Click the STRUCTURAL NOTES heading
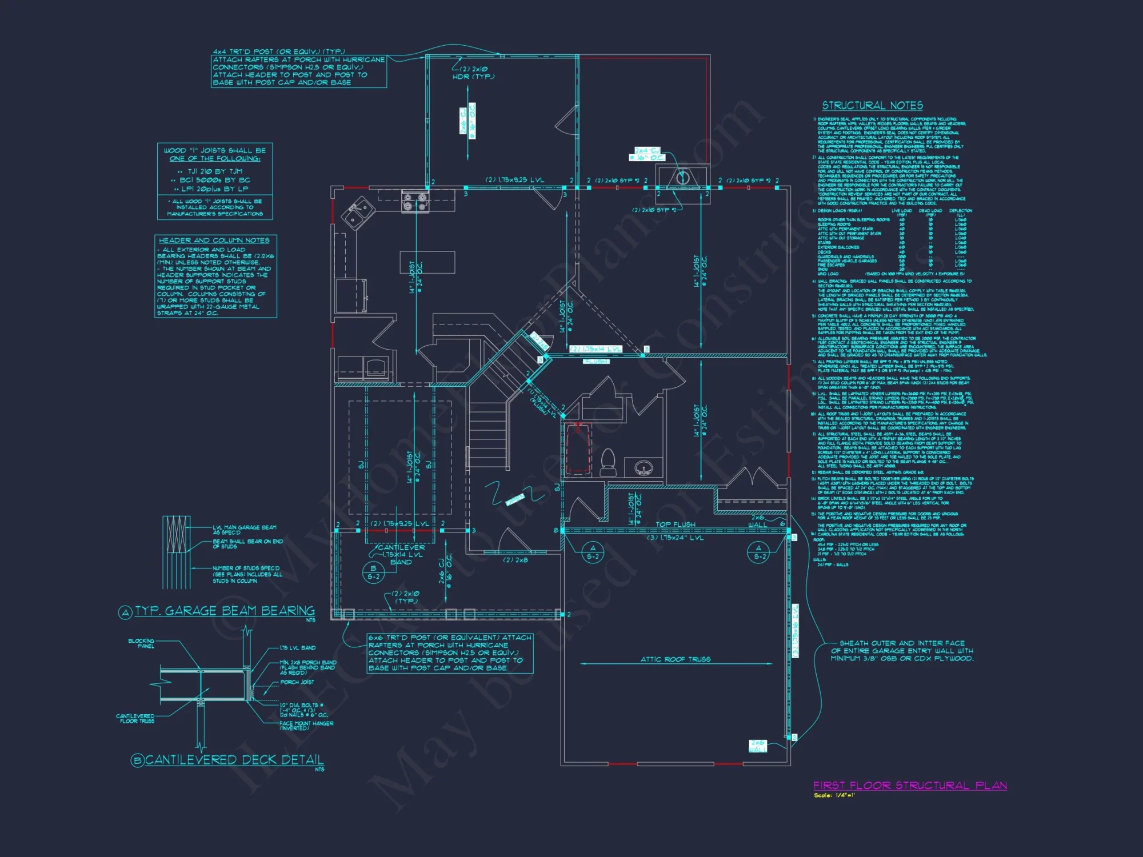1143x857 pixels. (872, 106)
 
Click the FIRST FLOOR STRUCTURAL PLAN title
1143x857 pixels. (910, 786)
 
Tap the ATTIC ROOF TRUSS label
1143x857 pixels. (676, 659)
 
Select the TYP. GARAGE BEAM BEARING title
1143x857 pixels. (225, 611)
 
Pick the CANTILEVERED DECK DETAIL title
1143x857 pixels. (234, 760)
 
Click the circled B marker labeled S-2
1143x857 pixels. (373, 572)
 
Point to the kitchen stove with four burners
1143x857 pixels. (415, 203)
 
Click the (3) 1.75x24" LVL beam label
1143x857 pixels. (675, 538)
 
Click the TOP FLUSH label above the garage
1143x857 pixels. (675, 524)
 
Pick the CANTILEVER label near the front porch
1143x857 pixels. (401, 547)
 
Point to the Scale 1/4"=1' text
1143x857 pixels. (834, 795)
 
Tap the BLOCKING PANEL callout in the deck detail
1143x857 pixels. (141, 643)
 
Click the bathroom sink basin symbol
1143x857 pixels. (644, 468)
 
